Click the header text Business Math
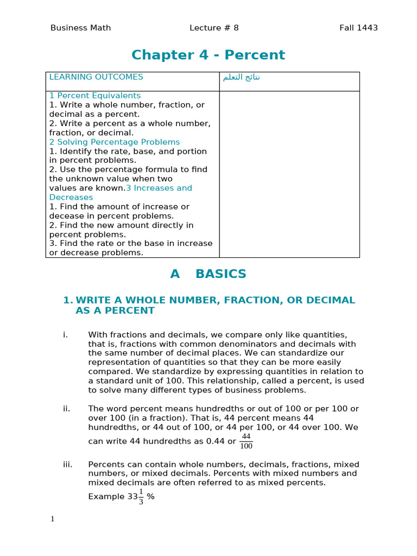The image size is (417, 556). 80,28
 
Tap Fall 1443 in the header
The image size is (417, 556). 358,28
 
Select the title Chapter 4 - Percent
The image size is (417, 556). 208,55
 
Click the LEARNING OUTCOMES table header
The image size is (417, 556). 96,77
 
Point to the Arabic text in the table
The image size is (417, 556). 242,77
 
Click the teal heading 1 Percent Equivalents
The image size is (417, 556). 95,96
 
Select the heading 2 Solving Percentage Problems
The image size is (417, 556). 115,142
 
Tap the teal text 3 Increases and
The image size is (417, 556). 159,188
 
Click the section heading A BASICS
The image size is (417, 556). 208,274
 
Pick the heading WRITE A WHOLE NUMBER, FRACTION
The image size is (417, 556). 215,300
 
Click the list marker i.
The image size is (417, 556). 65,334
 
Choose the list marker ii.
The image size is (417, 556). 66,409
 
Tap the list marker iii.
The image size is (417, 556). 67,465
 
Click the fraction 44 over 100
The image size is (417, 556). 246,441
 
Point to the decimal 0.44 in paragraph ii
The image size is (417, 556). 216,441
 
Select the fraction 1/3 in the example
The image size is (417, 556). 141,496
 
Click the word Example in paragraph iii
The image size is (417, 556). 106,497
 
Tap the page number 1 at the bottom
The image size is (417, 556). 53,519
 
